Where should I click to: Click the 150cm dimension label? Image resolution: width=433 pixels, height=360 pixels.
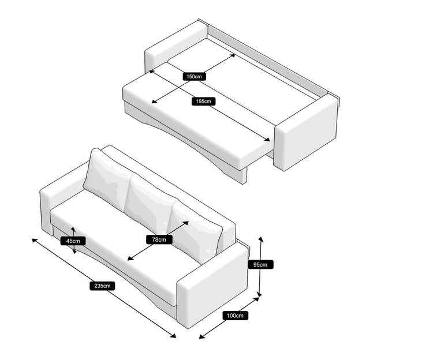[194, 76]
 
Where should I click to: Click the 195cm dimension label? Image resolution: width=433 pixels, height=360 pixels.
[204, 101]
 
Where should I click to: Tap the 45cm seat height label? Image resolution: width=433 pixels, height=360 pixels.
[73, 241]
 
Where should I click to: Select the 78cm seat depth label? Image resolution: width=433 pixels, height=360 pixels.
[159, 239]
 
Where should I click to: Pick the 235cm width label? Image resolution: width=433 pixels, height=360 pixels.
[102, 286]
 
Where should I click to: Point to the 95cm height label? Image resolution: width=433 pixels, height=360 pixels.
[260, 265]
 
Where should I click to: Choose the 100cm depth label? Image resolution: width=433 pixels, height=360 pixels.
[236, 316]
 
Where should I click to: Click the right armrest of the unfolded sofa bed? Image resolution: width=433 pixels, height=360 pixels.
[306, 133]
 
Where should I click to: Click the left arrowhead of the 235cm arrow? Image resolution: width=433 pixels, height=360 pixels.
[35, 241]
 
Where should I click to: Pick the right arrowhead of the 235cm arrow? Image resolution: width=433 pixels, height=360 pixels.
[173, 335]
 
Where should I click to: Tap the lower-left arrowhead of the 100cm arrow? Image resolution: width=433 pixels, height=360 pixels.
[202, 336]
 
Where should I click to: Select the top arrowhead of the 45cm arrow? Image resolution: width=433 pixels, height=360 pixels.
[73, 230]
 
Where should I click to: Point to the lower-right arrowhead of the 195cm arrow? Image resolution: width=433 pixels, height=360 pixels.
[267, 140]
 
